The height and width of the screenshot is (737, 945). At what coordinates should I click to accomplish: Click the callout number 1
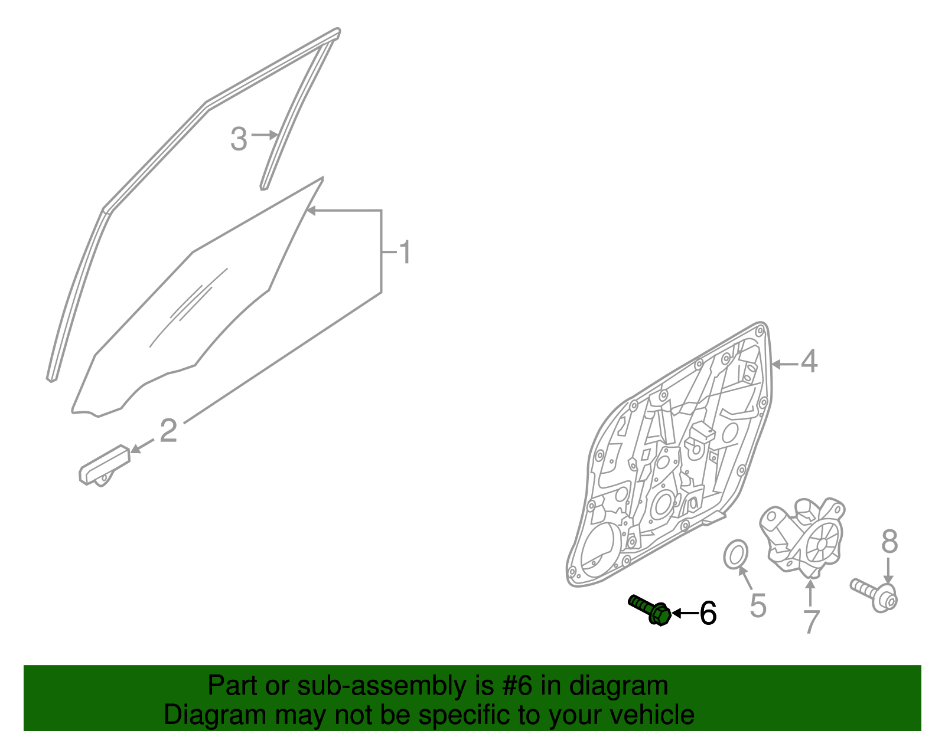tap(405, 252)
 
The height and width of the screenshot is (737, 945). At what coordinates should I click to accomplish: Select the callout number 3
tap(239, 139)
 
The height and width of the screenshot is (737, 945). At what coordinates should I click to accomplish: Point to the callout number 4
tap(809, 361)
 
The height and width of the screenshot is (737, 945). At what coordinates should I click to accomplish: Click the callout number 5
tap(758, 605)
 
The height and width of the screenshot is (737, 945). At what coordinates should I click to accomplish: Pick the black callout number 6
tap(708, 613)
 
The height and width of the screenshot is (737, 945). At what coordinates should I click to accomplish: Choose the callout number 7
tap(812, 622)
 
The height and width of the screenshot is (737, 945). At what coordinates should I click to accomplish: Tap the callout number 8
tap(889, 541)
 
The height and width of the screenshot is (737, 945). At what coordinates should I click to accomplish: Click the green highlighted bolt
tap(650, 610)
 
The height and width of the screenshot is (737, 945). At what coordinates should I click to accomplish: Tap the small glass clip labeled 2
tap(105, 465)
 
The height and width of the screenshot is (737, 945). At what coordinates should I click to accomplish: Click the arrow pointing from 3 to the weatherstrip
tap(265, 135)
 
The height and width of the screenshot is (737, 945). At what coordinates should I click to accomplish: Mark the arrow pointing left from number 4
tap(786, 364)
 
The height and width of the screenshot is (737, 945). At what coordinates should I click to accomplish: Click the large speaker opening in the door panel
tap(597, 550)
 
